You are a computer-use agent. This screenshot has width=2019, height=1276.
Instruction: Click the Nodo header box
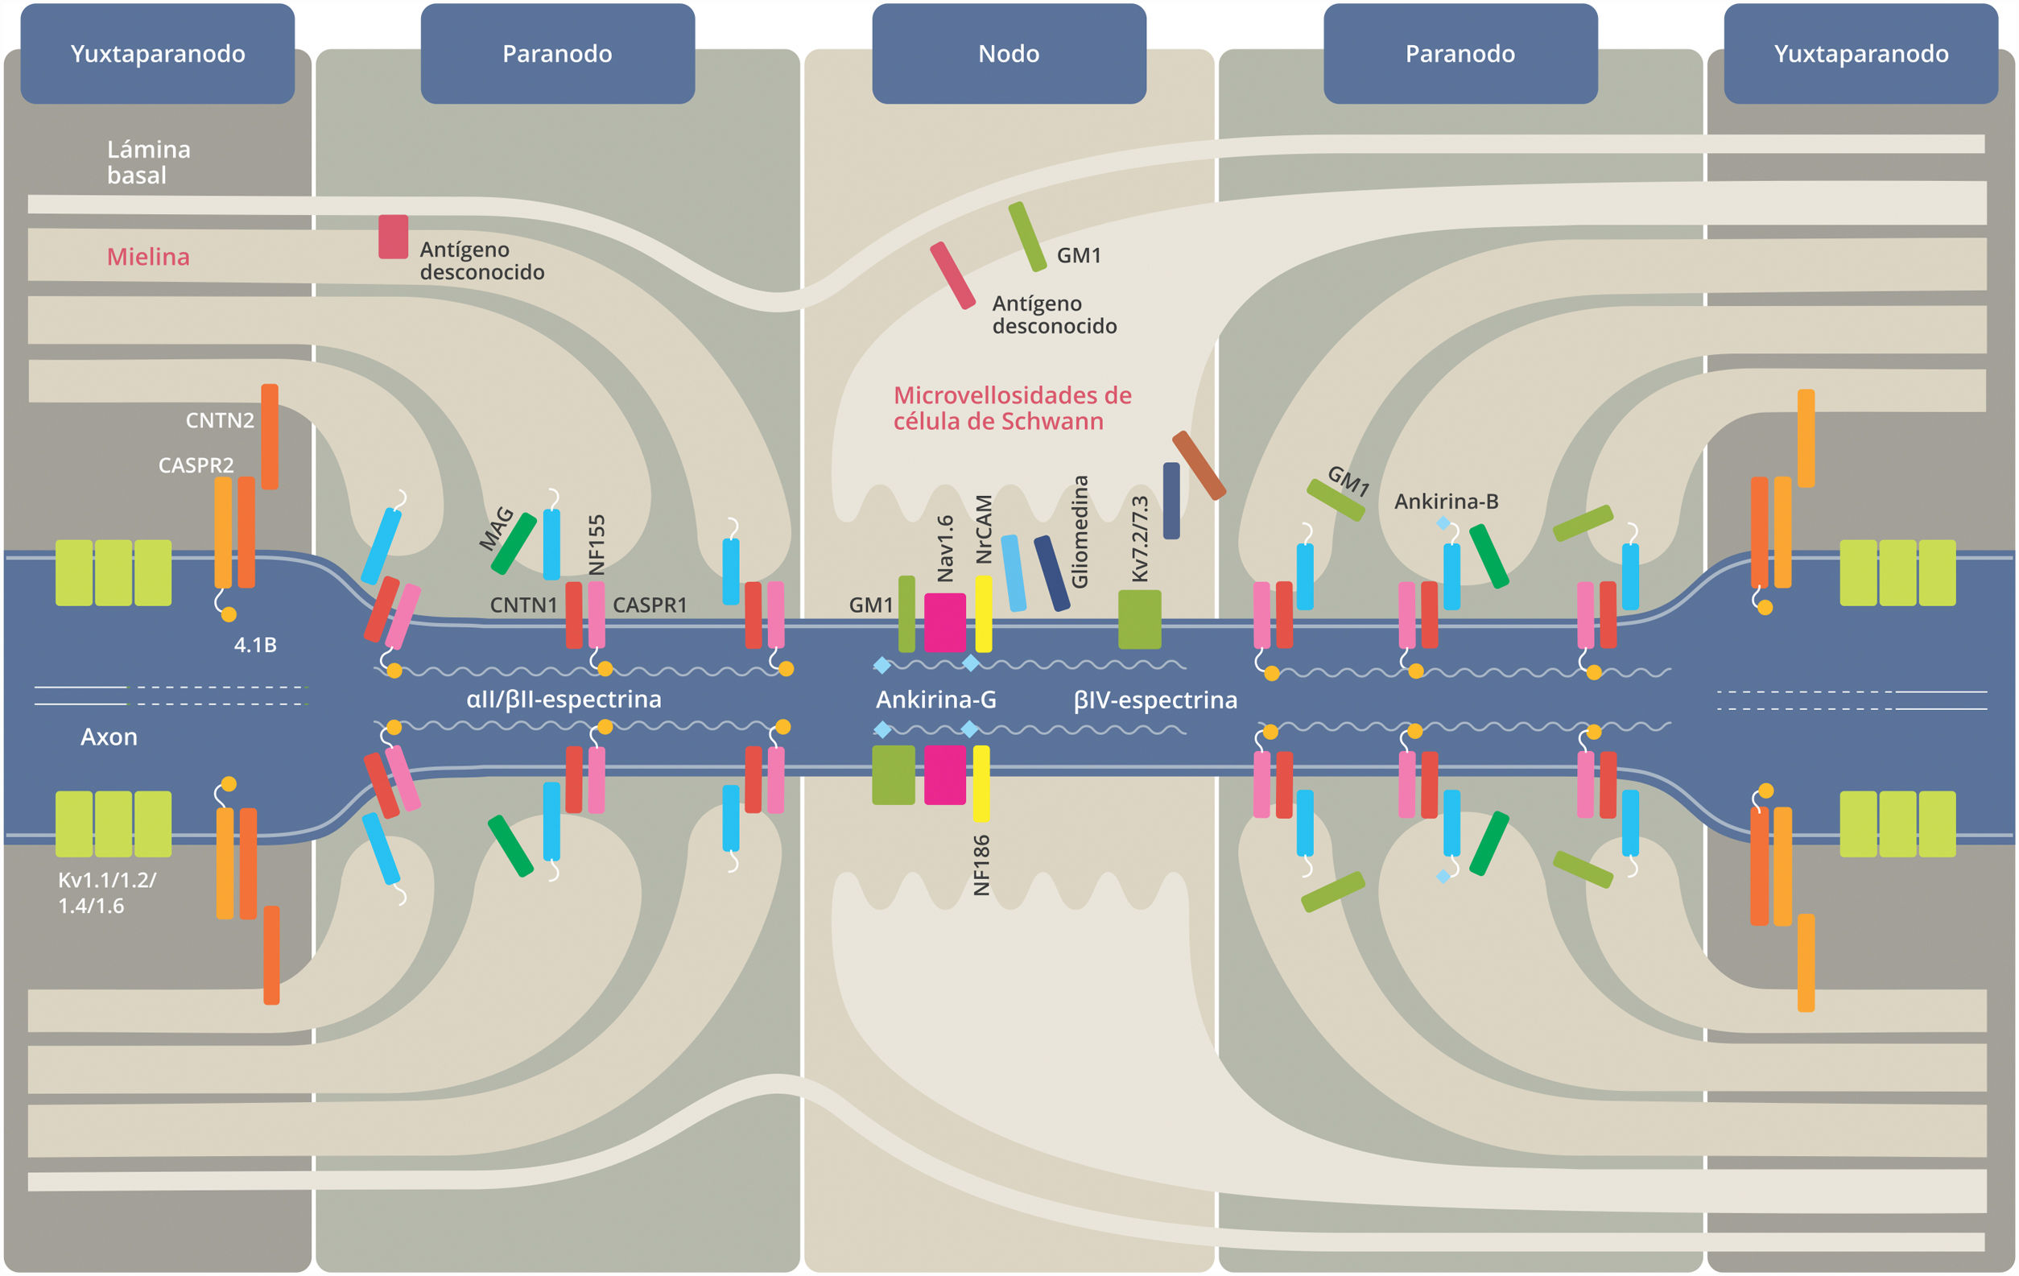(x=1009, y=54)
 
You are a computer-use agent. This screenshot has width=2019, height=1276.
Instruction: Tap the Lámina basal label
(x=148, y=162)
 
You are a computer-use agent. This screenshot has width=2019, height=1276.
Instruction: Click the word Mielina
(x=148, y=257)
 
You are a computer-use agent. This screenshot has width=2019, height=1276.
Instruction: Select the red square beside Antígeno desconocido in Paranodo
(x=393, y=237)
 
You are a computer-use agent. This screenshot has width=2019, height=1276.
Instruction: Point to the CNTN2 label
(x=219, y=420)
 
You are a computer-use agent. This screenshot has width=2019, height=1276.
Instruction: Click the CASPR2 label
(x=196, y=465)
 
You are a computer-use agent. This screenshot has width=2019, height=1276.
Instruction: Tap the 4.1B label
(x=255, y=645)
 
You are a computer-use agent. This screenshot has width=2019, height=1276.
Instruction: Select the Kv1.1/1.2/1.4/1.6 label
(x=106, y=892)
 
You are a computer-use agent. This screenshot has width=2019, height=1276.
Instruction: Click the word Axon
(x=109, y=736)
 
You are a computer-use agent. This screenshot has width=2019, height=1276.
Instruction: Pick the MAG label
(x=497, y=527)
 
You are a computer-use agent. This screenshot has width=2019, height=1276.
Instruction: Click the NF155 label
(x=597, y=545)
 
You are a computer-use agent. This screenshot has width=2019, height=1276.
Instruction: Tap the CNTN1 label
(x=523, y=605)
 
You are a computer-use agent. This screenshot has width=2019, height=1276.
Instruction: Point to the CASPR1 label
(x=650, y=605)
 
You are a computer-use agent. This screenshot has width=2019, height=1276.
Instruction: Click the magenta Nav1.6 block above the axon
(x=945, y=622)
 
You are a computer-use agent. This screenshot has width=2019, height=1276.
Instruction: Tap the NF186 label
(x=982, y=865)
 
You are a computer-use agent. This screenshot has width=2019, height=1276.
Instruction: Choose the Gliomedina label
(x=1080, y=531)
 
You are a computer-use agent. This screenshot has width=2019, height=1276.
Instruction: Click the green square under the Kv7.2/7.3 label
(x=1139, y=620)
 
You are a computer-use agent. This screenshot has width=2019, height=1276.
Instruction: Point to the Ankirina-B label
(x=1447, y=502)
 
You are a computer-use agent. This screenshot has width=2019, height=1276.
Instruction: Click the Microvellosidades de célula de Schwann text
(x=1012, y=407)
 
